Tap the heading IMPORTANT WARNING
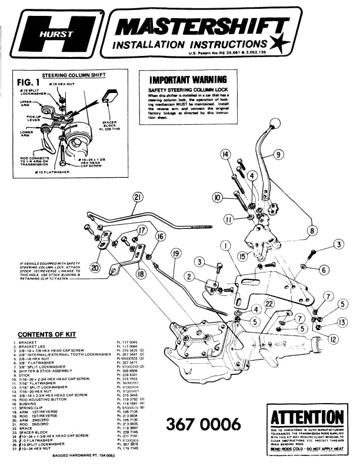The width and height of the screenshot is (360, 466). tap(188, 79)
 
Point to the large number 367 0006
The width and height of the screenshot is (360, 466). tap(204, 424)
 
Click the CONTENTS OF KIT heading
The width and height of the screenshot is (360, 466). tap(48, 334)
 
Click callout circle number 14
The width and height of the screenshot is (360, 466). tap(225, 155)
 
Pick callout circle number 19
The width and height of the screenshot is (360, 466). tap(176, 254)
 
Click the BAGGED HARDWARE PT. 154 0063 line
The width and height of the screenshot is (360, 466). tap(76, 455)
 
